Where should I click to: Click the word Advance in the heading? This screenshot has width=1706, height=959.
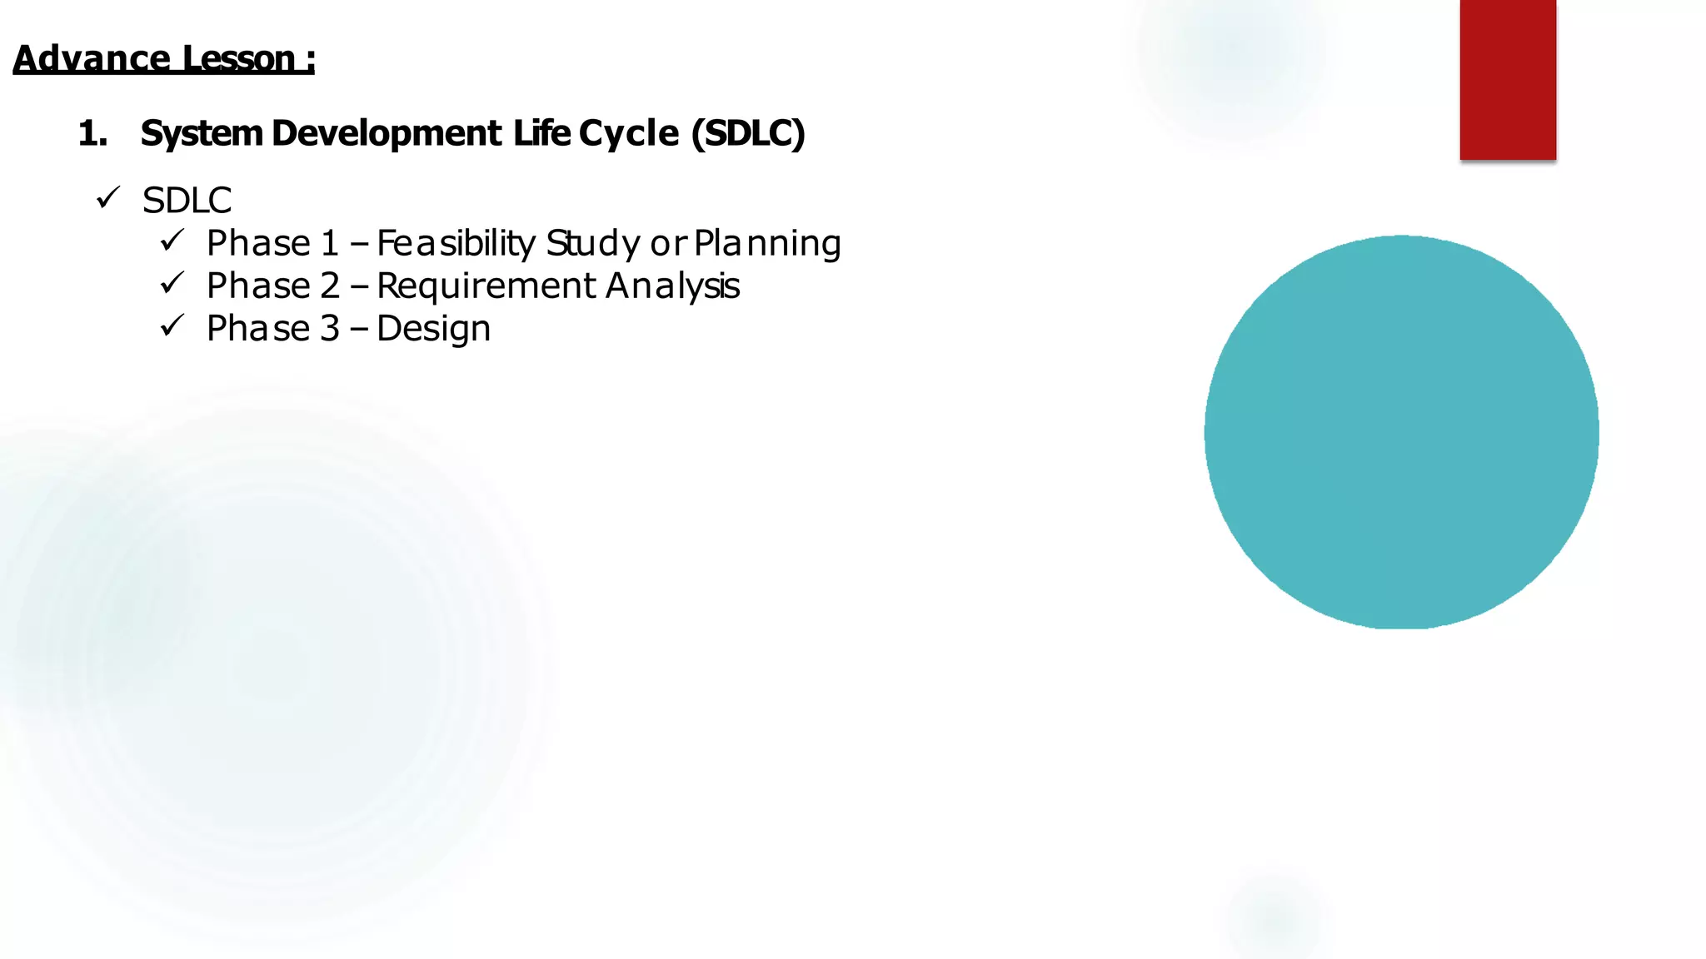tap(92, 58)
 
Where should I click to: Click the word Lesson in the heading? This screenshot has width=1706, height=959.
tap(238, 58)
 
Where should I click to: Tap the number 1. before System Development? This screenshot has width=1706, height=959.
tap(92, 133)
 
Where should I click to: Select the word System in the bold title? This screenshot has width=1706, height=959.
tap(202, 133)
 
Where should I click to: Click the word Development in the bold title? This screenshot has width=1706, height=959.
tap(387, 133)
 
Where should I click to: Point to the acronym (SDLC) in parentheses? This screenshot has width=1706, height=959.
tap(748, 133)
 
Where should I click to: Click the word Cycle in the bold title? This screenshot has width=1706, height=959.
tap(629, 133)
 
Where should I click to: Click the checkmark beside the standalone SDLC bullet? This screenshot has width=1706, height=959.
tap(108, 198)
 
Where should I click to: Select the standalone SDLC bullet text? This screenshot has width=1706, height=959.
tap(187, 201)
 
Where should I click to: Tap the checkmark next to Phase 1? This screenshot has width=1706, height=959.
tap(172, 241)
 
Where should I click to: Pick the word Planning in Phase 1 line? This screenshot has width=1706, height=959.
tap(767, 243)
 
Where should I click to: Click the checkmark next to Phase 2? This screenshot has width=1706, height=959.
tap(172, 284)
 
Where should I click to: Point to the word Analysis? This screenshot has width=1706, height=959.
tap(673, 286)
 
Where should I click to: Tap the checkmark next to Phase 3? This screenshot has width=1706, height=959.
tap(172, 326)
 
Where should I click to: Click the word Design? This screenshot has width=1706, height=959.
tap(433, 329)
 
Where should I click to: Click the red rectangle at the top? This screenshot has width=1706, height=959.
tap(1507, 79)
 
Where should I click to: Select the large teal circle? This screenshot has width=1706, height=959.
tap(1401, 432)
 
